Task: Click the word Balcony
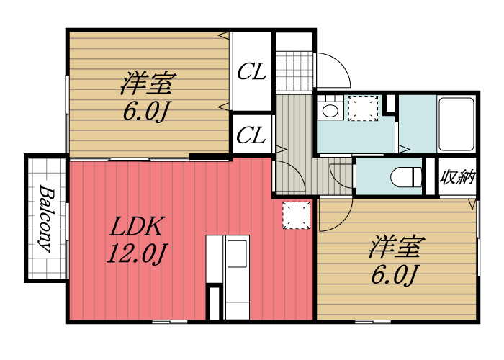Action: click(x=45, y=219)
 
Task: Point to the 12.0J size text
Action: click(x=138, y=253)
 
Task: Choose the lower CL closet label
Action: click(x=252, y=134)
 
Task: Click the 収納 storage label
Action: click(x=458, y=176)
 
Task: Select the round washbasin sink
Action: click(x=330, y=111)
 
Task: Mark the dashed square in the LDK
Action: click(x=296, y=215)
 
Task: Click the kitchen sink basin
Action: click(x=237, y=253)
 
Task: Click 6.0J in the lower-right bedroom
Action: click(x=394, y=274)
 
